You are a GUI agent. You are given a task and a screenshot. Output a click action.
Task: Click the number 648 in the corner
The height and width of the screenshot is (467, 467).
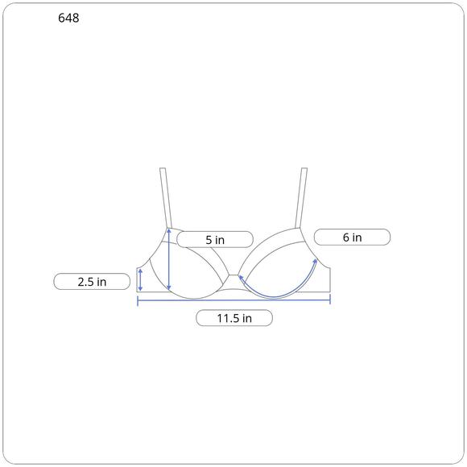(68, 18)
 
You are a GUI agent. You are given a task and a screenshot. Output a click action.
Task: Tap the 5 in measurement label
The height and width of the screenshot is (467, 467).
(215, 239)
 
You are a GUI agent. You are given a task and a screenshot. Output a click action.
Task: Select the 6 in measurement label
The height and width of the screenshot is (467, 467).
(352, 237)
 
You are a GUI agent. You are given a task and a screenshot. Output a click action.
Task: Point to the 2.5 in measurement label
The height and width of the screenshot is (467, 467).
(92, 282)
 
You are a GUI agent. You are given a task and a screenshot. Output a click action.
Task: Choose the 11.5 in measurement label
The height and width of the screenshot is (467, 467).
(234, 318)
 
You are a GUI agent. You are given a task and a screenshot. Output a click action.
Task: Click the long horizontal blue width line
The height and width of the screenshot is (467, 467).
(233, 300)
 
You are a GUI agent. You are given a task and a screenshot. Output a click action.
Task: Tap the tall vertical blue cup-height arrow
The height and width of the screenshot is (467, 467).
(169, 259)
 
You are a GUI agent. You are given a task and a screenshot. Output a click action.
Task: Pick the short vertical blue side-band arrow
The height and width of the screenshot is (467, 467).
(140, 280)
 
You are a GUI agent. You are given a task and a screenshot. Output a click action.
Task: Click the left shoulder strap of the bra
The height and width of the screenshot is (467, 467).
(166, 198)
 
